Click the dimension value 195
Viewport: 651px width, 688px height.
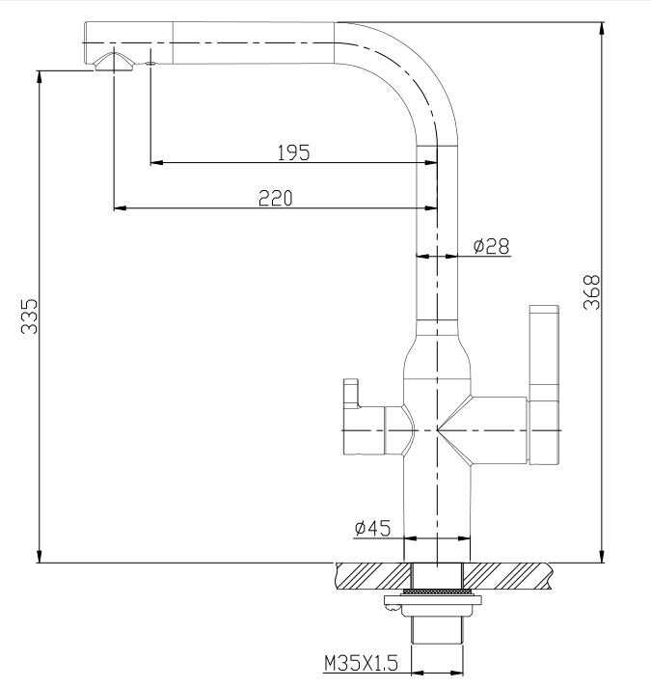coord(293,152)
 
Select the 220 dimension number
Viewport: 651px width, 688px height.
coord(276,198)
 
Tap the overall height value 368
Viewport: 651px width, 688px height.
coord(591,292)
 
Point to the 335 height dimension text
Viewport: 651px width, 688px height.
coord(29,316)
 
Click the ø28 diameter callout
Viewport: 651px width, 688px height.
coord(491,246)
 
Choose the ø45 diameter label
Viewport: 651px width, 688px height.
coord(372,528)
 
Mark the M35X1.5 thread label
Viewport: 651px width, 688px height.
coord(361,663)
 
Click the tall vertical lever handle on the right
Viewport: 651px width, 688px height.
coord(544,385)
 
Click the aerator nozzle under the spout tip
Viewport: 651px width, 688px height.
coord(114,62)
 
